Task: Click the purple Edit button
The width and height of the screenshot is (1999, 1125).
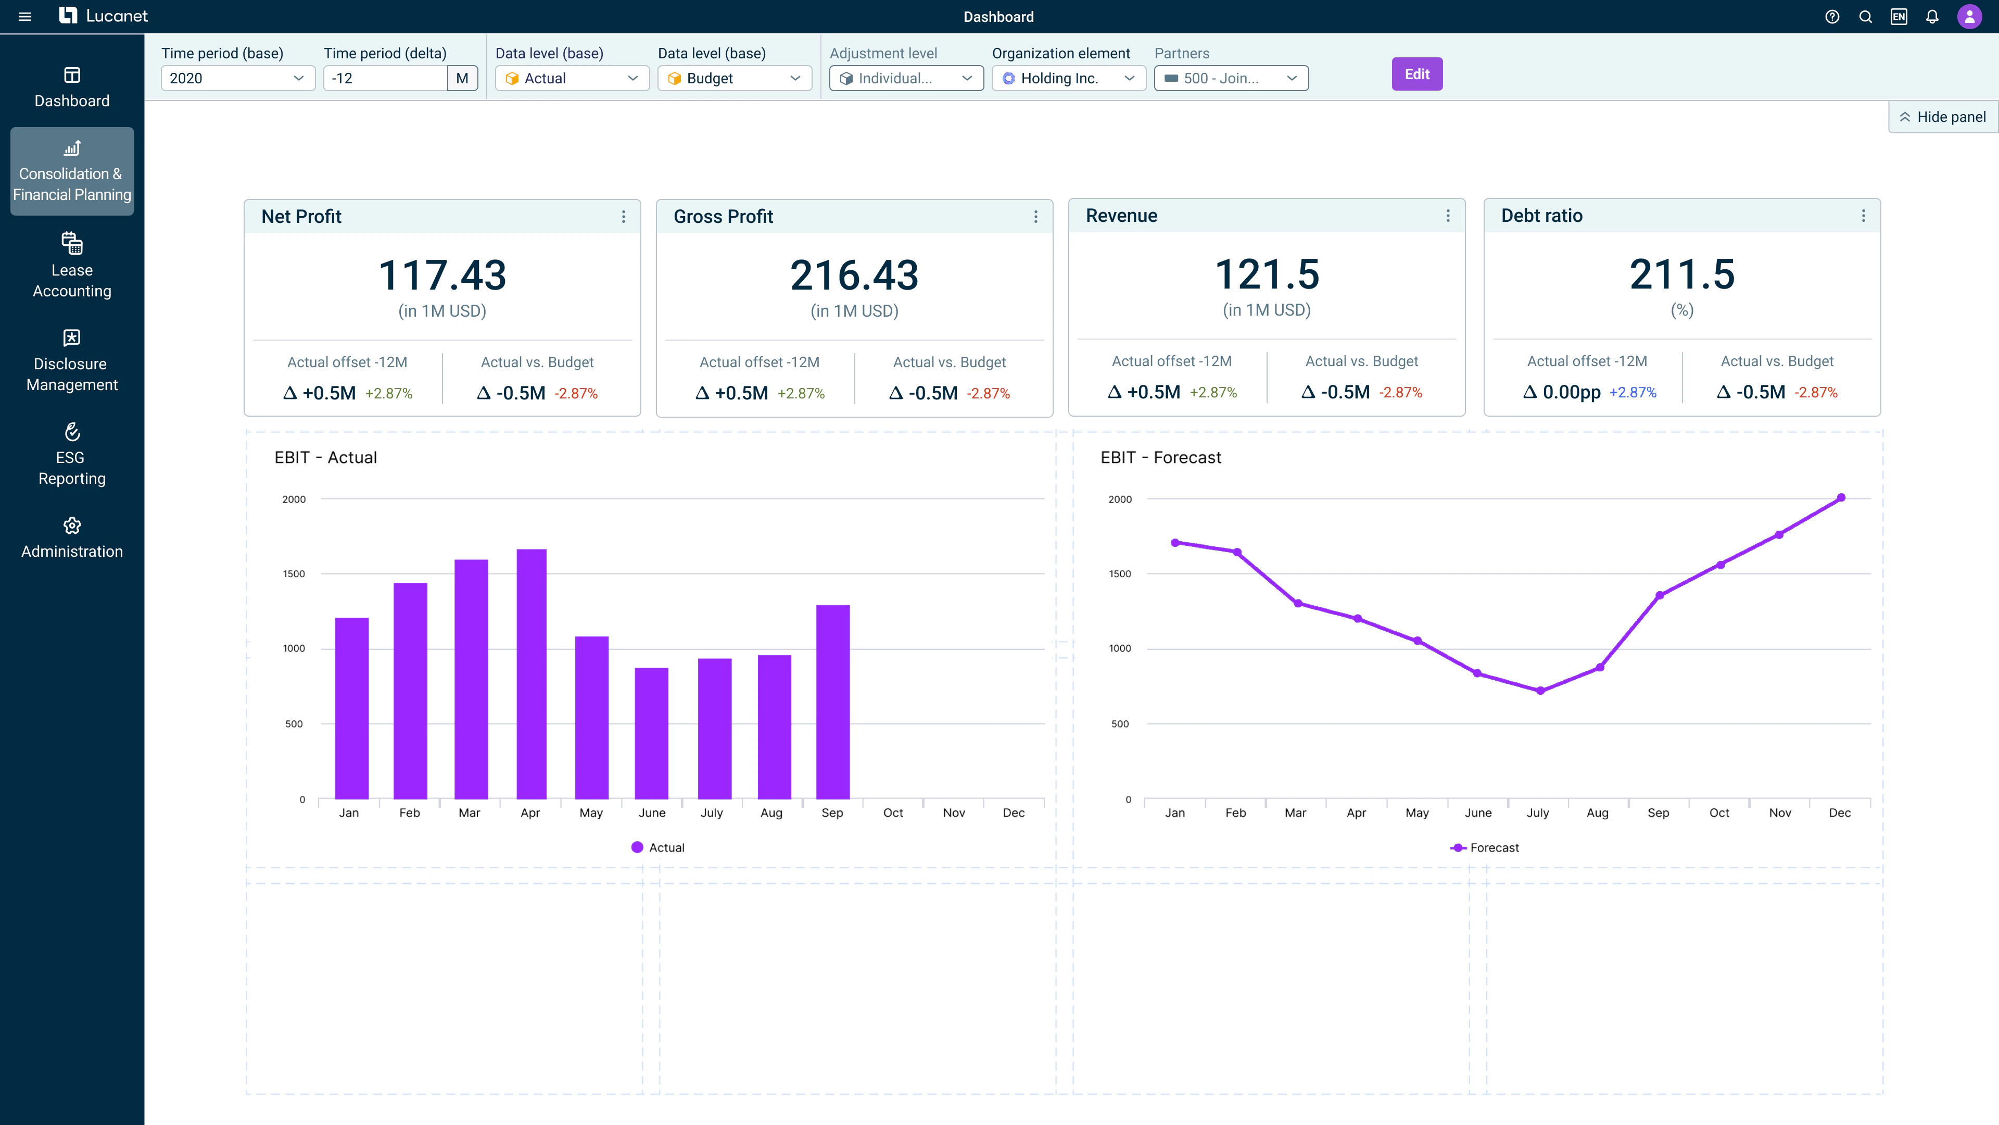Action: (x=1416, y=74)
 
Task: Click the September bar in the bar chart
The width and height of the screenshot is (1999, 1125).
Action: (x=833, y=702)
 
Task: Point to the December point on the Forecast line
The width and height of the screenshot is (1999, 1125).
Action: (x=1841, y=498)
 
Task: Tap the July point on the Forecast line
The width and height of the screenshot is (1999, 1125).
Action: (x=1540, y=690)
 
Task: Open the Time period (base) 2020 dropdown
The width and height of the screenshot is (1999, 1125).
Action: (x=237, y=79)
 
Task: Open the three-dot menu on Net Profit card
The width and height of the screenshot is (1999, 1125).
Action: (x=623, y=217)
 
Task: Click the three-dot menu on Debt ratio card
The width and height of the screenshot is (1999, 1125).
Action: (x=1863, y=216)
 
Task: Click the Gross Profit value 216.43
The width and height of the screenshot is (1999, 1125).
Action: (x=854, y=276)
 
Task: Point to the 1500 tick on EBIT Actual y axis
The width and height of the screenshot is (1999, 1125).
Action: (x=294, y=574)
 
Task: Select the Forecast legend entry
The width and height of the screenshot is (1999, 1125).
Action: (x=1485, y=847)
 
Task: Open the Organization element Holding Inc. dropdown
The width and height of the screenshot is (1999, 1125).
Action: (x=1068, y=79)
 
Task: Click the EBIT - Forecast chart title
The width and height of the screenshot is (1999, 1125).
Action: (x=1160, y=457)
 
